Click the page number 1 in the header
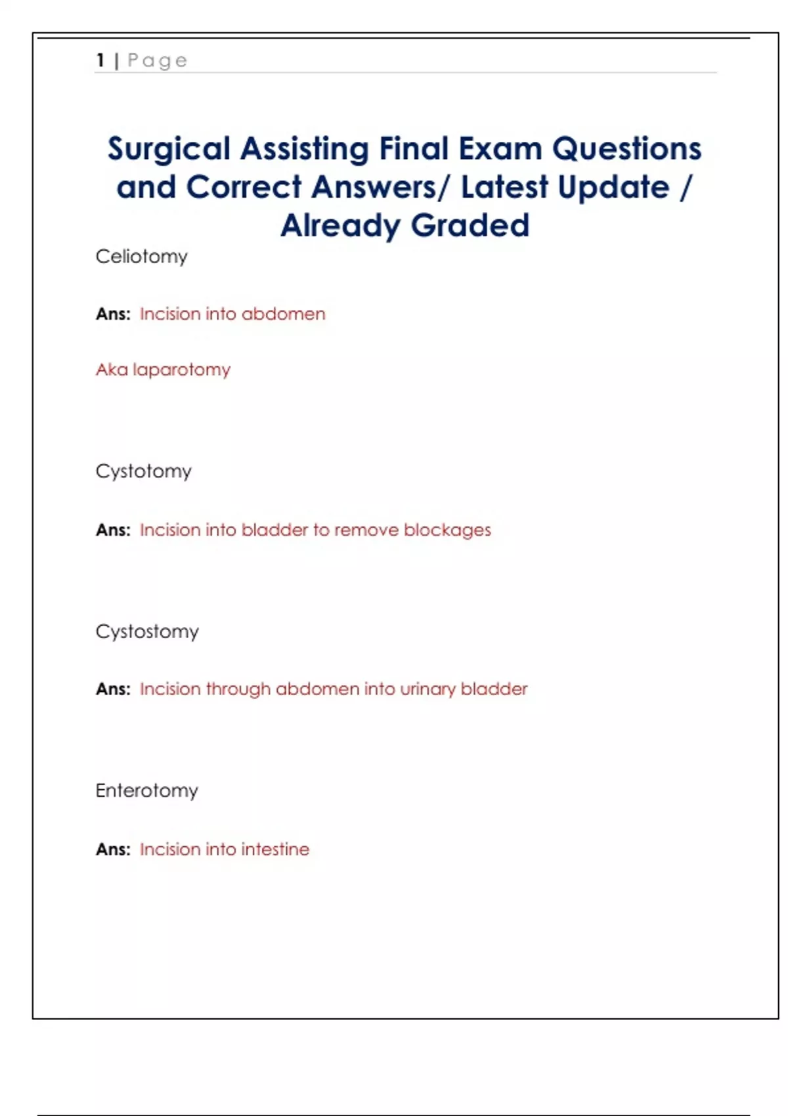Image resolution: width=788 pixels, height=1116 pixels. pos(100,60)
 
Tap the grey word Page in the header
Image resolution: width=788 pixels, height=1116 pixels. pos(157,60)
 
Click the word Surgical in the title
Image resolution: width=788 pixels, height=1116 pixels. pos(169,149)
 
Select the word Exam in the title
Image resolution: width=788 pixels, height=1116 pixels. pos(500,148)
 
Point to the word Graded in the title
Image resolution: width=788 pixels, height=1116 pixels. pos(470,225)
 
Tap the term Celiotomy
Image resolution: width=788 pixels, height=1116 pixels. pos(141,256)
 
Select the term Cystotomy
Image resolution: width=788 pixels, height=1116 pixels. pos(143,471)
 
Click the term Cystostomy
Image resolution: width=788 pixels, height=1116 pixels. pos(147,632)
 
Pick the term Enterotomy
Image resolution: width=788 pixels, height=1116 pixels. pos(146,790)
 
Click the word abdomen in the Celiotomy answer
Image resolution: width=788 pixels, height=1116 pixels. pos(283,314)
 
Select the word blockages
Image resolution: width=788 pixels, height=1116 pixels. pos(447,530)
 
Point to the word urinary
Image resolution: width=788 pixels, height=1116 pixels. pos(427,689)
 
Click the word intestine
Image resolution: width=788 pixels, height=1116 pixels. pos(275,849)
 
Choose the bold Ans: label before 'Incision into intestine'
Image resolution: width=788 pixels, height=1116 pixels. pos(113,849)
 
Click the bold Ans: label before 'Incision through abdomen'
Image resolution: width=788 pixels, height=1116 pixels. pos(113,689)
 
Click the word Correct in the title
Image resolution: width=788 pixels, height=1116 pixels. pos(243,187)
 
